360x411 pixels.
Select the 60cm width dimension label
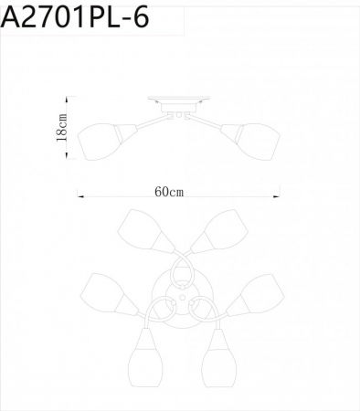[x=169, y=192]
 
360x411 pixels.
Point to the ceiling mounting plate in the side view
[x=179, y=103]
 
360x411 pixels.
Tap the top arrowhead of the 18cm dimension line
[x=66, y=102]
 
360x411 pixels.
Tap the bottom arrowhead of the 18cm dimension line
[x=66, y=157]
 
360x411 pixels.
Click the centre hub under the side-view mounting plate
[x=179, y=112]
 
